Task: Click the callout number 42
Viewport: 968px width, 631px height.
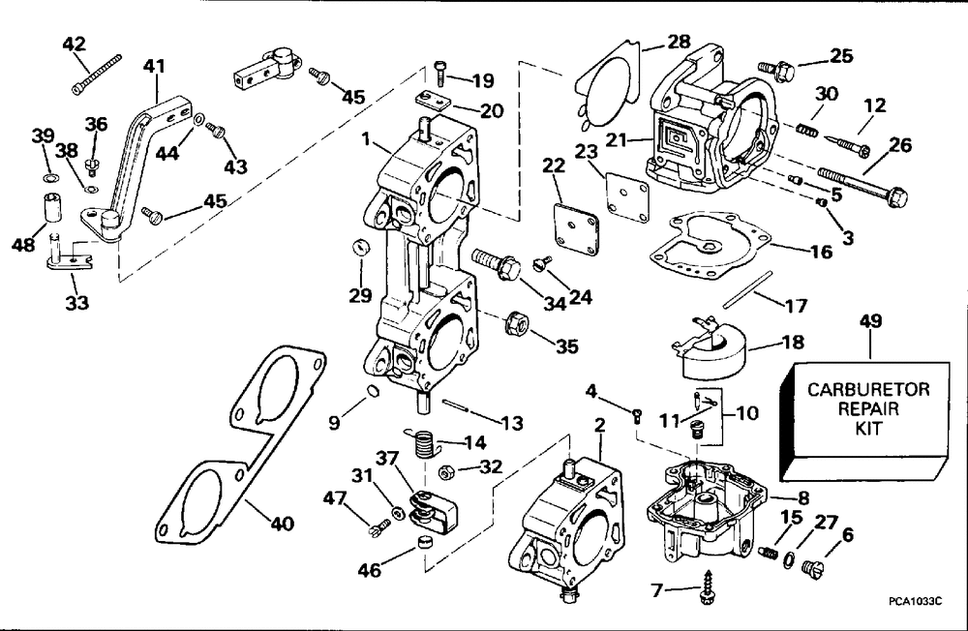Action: point(74,44)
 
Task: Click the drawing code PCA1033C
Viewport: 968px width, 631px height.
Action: point(915,601)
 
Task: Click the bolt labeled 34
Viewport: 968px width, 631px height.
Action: point(495,263)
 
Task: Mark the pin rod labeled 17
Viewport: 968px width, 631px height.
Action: point(751,287)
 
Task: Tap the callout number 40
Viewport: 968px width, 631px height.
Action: point(280,526)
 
